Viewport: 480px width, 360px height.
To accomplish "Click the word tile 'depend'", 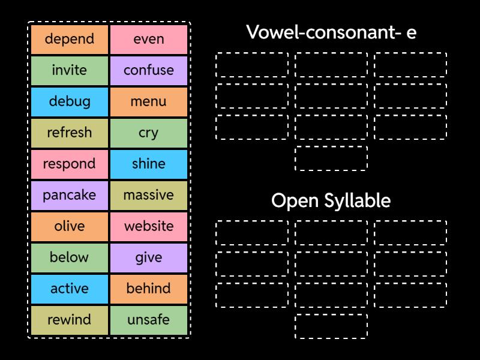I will point(70,39).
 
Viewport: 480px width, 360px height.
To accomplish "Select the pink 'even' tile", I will point(149,39).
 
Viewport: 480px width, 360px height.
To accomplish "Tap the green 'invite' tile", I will point(70,70).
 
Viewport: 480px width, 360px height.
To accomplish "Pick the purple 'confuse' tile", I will point(149,70).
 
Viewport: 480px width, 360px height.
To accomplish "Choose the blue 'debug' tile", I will point(70,101).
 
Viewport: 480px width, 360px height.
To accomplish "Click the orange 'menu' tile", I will point(149,101).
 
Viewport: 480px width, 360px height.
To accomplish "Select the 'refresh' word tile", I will point(70,133).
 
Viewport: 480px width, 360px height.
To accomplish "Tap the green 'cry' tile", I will point(149,133).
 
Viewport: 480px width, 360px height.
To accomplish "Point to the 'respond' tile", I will point(70,164).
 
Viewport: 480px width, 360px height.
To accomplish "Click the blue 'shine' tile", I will point(149,164).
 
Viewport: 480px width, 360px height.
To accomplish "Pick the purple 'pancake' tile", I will point(70,195).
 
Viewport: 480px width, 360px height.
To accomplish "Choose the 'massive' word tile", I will point(149,195).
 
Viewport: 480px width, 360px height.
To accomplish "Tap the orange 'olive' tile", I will point(70,226).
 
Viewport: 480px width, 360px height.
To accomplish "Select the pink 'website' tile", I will point(149,226).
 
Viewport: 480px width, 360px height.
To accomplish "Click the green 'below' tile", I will point(70,257).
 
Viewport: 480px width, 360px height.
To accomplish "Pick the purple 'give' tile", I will point(149,257).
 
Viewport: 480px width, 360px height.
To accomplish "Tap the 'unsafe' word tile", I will point(149,320).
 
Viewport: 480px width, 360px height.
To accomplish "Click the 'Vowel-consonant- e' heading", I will point(331,32).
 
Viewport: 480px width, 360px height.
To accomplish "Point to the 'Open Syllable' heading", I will point(331,200).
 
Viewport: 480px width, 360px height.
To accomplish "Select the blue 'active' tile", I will point(70,289).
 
